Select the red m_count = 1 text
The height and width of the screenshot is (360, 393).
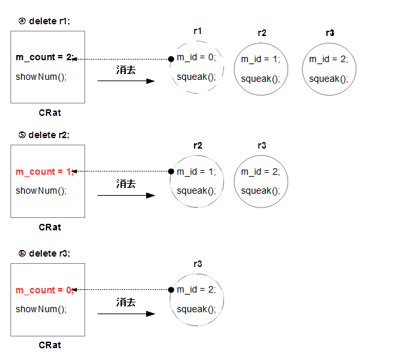click(45, 171)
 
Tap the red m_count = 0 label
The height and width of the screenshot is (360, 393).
click(45, 290)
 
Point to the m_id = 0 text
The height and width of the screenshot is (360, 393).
click(196, 58)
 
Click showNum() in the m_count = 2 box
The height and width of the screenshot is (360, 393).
click(41, 77)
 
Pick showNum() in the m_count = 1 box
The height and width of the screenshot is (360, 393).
click(41, 191)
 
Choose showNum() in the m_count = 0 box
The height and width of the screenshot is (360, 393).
click(41, 309)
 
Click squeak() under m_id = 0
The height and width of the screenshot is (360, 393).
click(196, 77)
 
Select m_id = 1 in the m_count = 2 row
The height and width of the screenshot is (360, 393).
click(260, 59)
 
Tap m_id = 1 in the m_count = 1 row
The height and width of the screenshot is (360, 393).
click(196, 171)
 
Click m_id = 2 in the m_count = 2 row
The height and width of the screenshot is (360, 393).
click(329, 59)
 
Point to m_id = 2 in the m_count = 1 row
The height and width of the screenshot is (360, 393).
click(260, 171)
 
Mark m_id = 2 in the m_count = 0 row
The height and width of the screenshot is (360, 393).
click(196, 290)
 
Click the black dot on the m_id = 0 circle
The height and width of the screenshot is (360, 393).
click(171, 59)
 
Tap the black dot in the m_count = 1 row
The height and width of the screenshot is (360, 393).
click(171, 171)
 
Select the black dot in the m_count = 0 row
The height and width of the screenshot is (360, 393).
click(171, 290)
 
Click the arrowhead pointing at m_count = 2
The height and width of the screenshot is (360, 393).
click(79, 59)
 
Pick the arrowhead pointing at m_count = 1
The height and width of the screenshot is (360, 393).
click(79, 171)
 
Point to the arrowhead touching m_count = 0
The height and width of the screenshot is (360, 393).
click(79, 290)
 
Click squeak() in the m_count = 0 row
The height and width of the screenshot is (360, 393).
click(196, 309)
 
